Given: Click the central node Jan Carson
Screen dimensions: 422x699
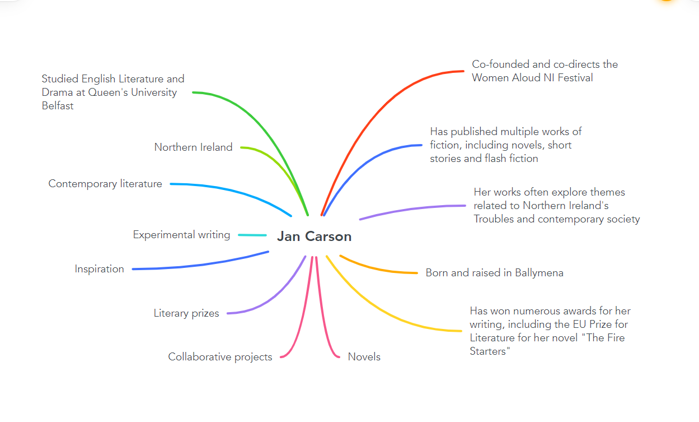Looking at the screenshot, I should pyautogui.click(x=314, y=236).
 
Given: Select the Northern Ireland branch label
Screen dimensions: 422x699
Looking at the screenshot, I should pyautogui.click(x=193, y=147).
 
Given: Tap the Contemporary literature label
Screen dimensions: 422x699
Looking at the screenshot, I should pyautogui.click(x=105, y=184).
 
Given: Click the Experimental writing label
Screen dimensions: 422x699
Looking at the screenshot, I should pyautogui.click(x=181, y=235).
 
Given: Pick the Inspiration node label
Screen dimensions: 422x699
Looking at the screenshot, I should pyautogui.click(x=100, y=269).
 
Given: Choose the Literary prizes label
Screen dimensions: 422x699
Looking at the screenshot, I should pyautogui.click(x=186, y=313).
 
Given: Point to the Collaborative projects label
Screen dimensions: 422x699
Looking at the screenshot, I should pyautogui.click(x=220, y=357).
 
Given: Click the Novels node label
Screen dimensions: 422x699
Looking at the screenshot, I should pyautogui.click(x=364, y=357).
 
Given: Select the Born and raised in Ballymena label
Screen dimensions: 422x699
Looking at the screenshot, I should pyautogui.click(x=494, y=273).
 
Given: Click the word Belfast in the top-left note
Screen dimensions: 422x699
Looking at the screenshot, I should pyautogui.click(x=58, y=106).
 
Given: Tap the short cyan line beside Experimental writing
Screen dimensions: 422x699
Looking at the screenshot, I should pyautogui.click(x=252, y=235).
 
